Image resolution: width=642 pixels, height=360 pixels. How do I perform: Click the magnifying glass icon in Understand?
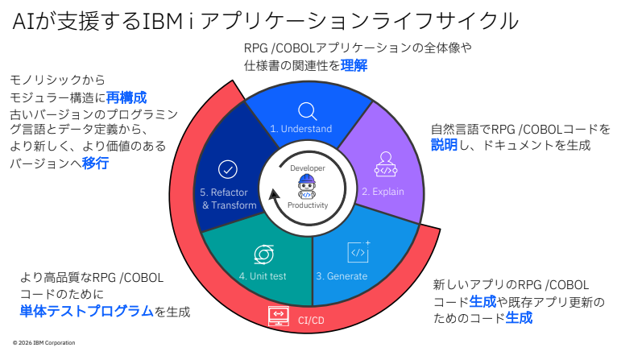click(307, 110)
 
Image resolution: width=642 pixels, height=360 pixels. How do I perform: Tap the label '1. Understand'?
click(300, 129)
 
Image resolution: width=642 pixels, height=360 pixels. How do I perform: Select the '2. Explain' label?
click(382, 192)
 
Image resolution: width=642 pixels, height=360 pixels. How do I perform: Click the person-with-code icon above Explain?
click(386, 164)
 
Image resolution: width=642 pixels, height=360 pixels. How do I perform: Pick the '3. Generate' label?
click(342, 276)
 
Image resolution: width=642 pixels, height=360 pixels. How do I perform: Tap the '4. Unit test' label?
click(263, 276)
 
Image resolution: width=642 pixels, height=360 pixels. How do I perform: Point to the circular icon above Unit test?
click(263, 253)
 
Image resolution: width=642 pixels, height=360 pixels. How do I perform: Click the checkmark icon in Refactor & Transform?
click(228, 170)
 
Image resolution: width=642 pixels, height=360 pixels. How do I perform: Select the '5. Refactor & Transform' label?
click(229, 199)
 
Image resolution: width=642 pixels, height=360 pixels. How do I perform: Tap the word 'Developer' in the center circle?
click(307, 168)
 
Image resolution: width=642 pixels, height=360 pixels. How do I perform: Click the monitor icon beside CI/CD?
click(279, 316)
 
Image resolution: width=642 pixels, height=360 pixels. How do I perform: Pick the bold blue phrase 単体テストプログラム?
click(86, 310)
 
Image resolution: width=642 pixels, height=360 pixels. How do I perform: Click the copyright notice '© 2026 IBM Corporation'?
click(44, 343)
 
